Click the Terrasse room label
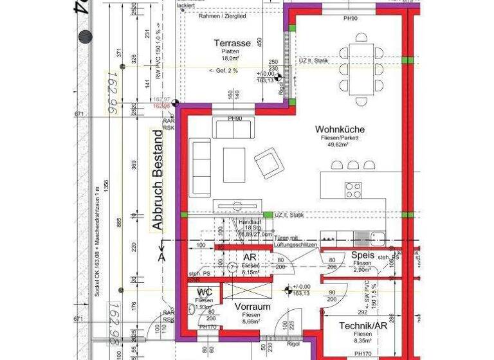pos(233,43)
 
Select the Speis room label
pos(363,255)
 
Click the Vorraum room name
pos(251,306)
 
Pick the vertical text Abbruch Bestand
pos(156,184)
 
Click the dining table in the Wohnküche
pos(360,68)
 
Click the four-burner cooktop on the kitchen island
pos(353,190)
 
